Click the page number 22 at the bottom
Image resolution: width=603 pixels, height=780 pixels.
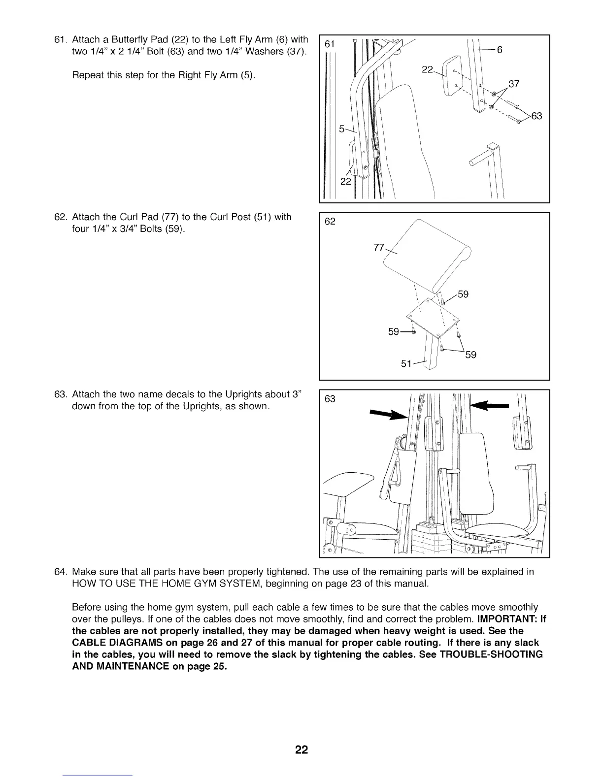click(301, 750)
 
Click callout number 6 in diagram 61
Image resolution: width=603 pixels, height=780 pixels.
click(499, 49)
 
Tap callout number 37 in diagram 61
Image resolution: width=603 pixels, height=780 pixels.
click(514, 84)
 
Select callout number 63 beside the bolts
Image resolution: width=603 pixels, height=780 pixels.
click(536, 116)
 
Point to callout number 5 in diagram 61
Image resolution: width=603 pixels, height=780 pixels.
click(342, 130)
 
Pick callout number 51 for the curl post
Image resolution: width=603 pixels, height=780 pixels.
click(406, 364)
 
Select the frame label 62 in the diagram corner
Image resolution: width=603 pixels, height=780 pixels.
click(330, 222)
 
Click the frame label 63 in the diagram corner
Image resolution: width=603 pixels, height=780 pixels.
click(330, 399)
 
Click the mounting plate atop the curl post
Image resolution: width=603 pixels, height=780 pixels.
click(432, 318)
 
